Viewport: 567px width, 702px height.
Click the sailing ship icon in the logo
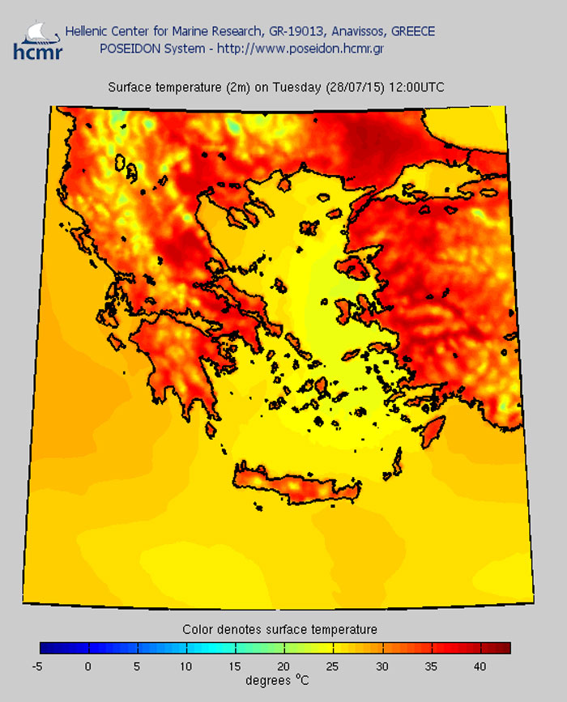click(x=32, y=31)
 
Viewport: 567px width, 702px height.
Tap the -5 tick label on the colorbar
click(x=37, y=666)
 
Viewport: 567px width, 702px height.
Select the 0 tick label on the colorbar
click(x=87, y=666)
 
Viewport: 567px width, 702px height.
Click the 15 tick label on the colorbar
click(x=235, y=666)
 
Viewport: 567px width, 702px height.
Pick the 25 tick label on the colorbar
click(x=334, y=666)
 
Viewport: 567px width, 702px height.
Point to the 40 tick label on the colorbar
click(x=481, y=666)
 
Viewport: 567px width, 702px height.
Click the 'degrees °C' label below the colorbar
click(x=278, y=680)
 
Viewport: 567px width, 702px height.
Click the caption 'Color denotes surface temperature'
click(x=279, y=629)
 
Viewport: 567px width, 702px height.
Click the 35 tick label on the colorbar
click(x=432, y=666)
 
